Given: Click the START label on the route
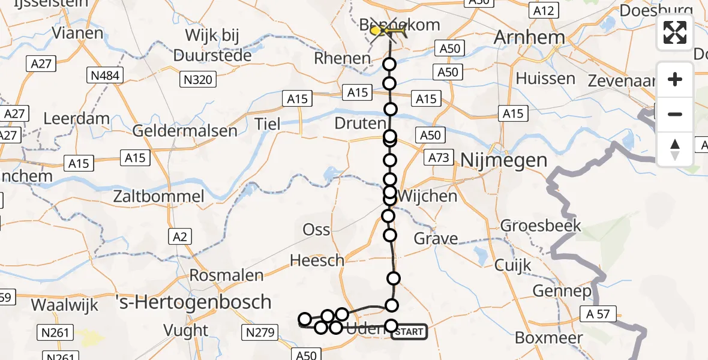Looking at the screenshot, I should coord(410,331).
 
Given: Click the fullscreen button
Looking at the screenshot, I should coord(675,32).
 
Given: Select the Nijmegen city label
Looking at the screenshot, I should coord(504,160).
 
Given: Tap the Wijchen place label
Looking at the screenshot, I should coord(427,196).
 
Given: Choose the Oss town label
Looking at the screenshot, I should coord(317,229).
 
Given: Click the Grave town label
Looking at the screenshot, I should coord(436,239).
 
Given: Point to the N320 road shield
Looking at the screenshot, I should coord(198,80).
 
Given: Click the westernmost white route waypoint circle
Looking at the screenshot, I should coord(305,319).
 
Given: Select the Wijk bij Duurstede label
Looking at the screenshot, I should coord(212,45).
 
